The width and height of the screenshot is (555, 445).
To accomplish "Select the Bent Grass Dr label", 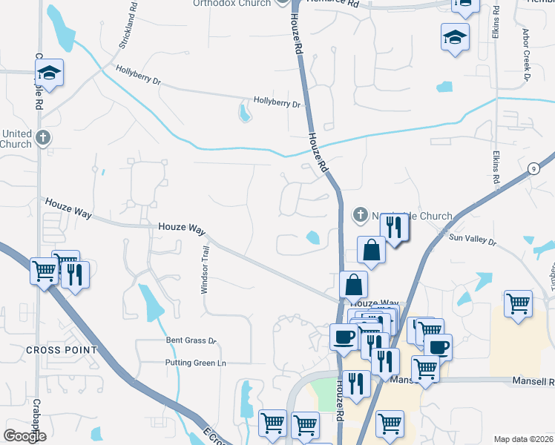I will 191,341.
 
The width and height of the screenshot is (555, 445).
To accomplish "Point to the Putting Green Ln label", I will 196,363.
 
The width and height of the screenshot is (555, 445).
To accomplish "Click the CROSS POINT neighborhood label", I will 62,349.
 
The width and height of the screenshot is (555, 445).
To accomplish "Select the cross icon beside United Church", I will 44,137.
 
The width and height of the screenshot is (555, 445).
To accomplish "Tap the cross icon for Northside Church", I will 360,216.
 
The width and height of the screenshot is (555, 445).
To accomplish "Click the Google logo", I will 24,436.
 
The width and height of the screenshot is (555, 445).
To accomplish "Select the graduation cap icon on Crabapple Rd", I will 50,73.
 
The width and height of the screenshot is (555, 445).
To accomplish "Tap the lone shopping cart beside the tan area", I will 518,303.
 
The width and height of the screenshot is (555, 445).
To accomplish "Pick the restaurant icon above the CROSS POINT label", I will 75,274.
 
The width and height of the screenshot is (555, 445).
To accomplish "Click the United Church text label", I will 16,139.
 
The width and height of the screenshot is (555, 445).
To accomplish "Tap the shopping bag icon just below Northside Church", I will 371,250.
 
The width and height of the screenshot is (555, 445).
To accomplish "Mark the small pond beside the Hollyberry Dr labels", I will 245,113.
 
